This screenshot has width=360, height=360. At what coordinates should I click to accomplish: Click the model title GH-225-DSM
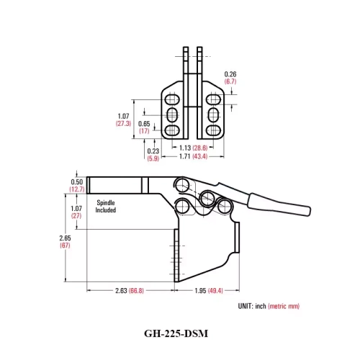(179, 333)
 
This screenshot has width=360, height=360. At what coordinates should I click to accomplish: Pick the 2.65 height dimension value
(65, 238)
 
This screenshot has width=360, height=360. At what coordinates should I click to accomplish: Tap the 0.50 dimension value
(77, 181)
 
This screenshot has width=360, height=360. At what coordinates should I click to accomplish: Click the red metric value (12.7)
(77, 189)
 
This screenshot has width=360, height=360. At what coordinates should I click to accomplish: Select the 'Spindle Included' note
(106, 207)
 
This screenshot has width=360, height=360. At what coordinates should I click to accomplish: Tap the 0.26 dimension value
(230, 74)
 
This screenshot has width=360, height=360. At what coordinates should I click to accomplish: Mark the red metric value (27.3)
(123, 124)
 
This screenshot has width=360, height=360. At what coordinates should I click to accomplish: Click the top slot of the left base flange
(173, 99)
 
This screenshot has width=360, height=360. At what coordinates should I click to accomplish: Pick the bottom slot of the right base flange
(213, 130)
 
